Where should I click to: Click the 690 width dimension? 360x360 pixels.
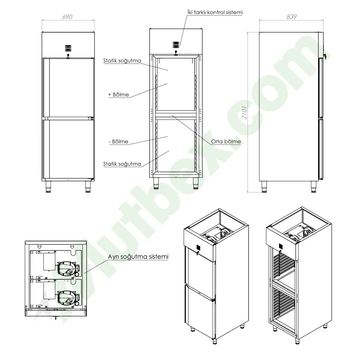point(67,17)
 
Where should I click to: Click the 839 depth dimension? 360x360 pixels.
point(291,17)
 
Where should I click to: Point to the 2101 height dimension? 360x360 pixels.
point(244,112)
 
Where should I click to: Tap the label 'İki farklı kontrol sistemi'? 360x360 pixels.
point(215,12)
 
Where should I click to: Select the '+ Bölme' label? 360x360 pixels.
point(118,94)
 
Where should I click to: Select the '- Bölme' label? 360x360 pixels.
point(118,141)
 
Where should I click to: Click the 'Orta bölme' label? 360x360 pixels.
point(226,141)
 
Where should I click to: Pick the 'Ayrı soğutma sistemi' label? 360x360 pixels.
point(138,256)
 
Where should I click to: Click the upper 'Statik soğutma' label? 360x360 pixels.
point(122,61)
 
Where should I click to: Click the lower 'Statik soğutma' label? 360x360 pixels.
point(122,164)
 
